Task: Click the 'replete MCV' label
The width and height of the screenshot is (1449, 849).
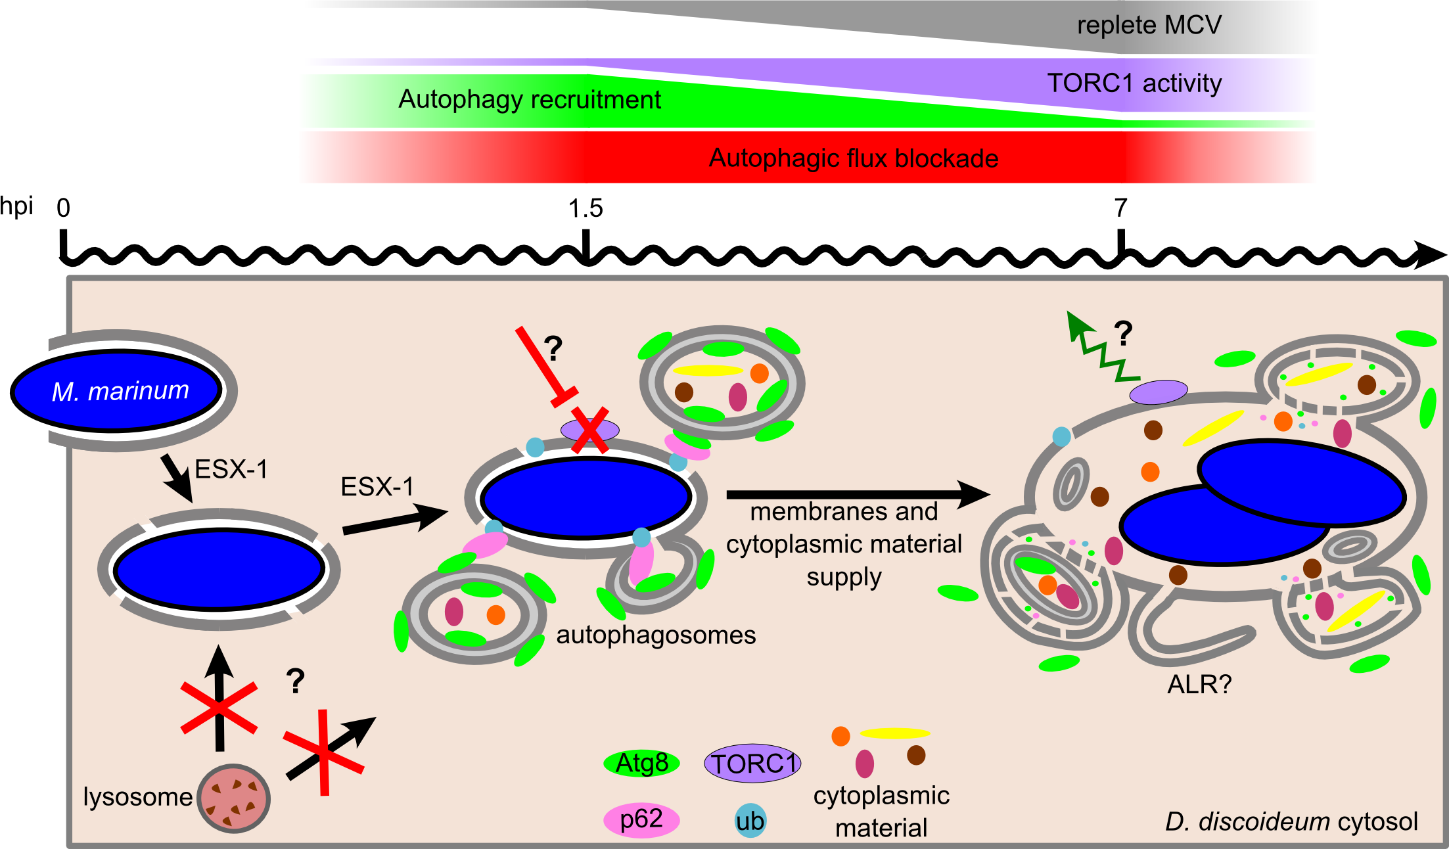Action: point(1149,26)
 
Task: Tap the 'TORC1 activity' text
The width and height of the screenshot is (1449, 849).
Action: point(1134,83)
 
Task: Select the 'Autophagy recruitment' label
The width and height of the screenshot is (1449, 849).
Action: point(530,100)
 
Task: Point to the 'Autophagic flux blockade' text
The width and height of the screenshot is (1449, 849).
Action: point(854,158)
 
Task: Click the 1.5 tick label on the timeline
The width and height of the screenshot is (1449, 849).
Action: point(586,208)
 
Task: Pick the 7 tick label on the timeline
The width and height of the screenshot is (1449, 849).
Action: point(1120,208)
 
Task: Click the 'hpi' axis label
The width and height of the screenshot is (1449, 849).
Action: point(16,206)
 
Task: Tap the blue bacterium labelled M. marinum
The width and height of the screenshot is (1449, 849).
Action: point(117,390)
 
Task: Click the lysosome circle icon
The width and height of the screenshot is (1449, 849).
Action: point(233,798)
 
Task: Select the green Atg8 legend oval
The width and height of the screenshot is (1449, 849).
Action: point(641,764)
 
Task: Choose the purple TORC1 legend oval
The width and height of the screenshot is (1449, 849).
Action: point(752,764)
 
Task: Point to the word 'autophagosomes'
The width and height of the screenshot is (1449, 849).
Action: point(656,635)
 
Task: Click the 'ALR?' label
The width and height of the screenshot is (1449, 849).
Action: point(1199,685)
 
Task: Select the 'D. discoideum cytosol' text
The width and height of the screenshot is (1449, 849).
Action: point(1291,821)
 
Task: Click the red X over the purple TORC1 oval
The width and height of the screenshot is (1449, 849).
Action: point(589,430)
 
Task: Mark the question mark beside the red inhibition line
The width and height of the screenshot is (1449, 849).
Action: point(553,348)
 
